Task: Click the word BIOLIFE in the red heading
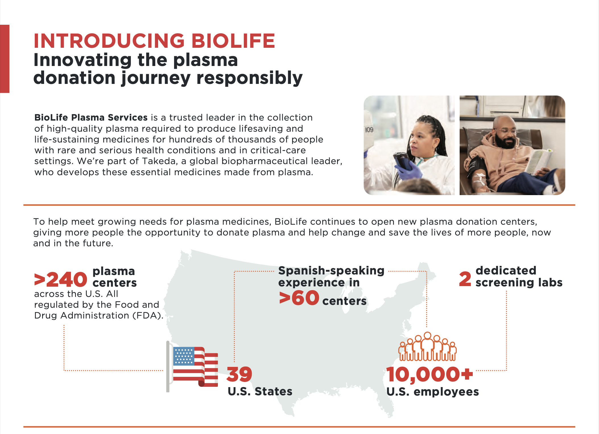coord(233,41)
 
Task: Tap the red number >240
coord(61,279)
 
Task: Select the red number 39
coord(239,374)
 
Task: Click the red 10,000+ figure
coord(429,374)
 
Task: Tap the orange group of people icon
coord(427,346)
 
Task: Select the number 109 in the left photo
coord(369,130)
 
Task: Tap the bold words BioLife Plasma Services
coord(91,117)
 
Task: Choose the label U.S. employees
coord(433,392)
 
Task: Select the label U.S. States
coord(260,391)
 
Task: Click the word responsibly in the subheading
coord(249,78)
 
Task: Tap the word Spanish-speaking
coord(331,271)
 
